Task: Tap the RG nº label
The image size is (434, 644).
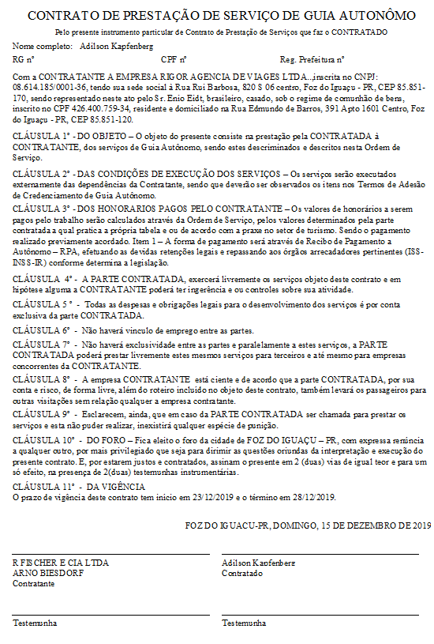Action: tap(24, 59)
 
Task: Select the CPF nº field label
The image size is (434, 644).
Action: tap(173, 59)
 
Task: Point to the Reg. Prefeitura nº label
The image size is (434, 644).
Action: tap(312, 59)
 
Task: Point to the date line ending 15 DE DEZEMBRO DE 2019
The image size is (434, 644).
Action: tap(308, 525)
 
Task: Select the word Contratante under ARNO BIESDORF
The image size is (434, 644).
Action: tap(33, 583)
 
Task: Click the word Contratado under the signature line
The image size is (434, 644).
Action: tap(242, 573)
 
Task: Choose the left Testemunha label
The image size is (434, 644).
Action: tap(35, 623)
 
